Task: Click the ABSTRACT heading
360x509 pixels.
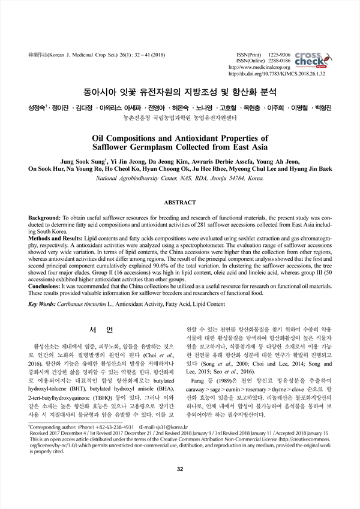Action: pyautogui.click(x=180, y=203)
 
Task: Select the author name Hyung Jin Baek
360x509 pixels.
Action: pyautogui.click(x=307, y=169)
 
